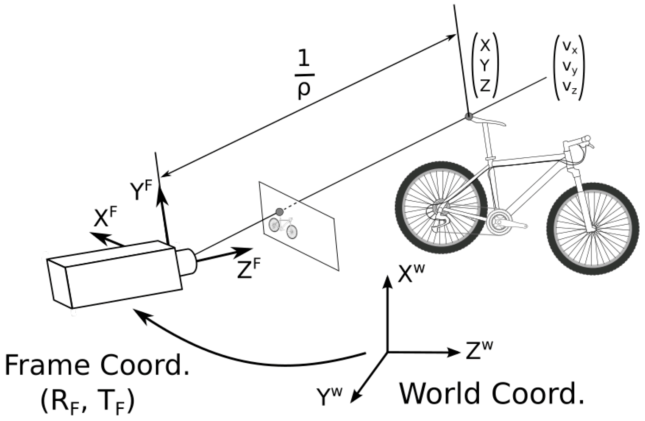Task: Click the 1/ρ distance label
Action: coord(304,74)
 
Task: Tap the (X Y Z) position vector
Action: coord(485,65)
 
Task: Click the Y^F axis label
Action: coord(141,191)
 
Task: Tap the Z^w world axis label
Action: coord(479,349)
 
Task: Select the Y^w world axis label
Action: coord(329,396)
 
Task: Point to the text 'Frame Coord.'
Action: coord(97,365)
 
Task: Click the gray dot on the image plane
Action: coord(279,212)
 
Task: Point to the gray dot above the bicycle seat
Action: coord(469,116)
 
